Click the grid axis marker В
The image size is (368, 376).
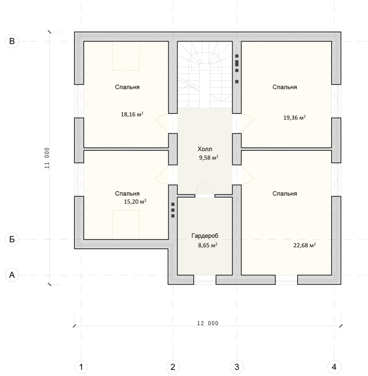pos(12,41)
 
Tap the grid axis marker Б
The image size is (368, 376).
pos(12,239)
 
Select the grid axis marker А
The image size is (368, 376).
pos(12,275)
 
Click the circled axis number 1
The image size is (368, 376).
pos(81,367)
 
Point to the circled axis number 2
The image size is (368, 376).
pos(173,367)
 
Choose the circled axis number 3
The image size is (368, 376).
pos(237,367)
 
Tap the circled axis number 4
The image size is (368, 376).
pos(334,367)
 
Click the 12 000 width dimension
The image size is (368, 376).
pos(207,323)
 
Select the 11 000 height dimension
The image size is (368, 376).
pos(47,158)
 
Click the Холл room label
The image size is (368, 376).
pos(205,149)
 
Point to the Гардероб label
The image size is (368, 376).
pos(205,236)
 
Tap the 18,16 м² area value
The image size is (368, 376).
pos(132,114)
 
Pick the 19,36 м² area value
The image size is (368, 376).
pos(294,118)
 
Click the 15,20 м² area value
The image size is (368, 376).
pos(135,202)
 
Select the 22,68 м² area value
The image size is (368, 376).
pos(305,245)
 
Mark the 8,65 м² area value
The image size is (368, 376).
pos(208,245)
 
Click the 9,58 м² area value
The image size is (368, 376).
pos(209,158)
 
